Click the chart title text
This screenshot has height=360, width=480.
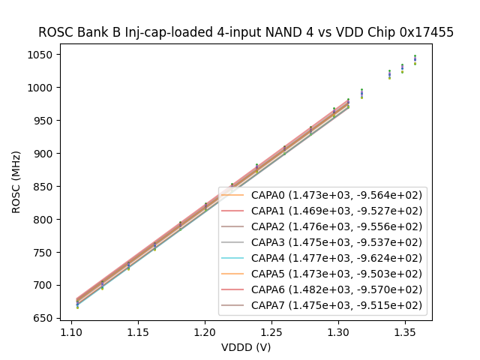coord(246,32)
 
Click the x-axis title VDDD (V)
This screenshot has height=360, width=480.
coord(246,347)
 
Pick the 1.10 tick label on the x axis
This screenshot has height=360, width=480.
coord(71,331)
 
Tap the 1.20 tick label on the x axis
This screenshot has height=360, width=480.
coord(205,331)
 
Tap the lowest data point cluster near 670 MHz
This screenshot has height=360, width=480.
coord(77,304)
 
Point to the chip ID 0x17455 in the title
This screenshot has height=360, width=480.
coord(426,32)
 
